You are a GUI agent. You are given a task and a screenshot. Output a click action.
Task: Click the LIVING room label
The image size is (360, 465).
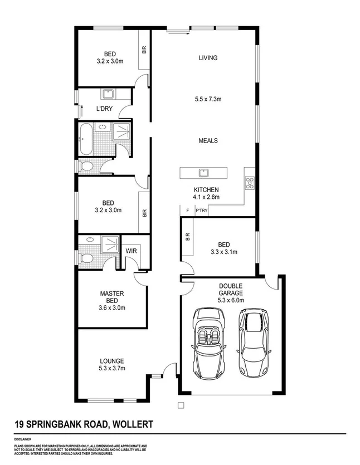coord(207,58)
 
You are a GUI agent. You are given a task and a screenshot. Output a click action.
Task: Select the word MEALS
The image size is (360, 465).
coord(208,141)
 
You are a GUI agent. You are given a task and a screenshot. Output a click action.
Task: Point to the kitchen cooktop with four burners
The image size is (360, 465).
coord(250,182)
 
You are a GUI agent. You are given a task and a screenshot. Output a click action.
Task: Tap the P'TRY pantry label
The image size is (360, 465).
coord(201,211)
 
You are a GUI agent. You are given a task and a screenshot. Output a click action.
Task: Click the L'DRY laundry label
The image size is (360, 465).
coord(104,109)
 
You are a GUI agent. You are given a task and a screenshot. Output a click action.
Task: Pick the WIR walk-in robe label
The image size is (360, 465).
coord(132,251)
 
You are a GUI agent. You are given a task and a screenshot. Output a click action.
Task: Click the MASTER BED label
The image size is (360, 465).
coord(111,297)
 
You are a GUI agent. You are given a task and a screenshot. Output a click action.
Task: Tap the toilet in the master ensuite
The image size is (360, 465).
coord(85,259)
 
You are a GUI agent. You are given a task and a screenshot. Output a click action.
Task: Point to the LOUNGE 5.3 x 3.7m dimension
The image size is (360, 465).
coord(111,369)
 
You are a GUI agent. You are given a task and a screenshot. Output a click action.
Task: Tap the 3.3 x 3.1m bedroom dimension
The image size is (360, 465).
coord(223,252)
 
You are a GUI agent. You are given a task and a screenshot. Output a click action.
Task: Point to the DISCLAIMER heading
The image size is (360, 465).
coord(23,440)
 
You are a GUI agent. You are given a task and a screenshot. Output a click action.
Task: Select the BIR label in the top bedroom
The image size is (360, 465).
coord(144,50)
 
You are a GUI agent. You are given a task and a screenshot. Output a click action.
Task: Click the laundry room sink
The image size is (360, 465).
coord(107,94)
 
